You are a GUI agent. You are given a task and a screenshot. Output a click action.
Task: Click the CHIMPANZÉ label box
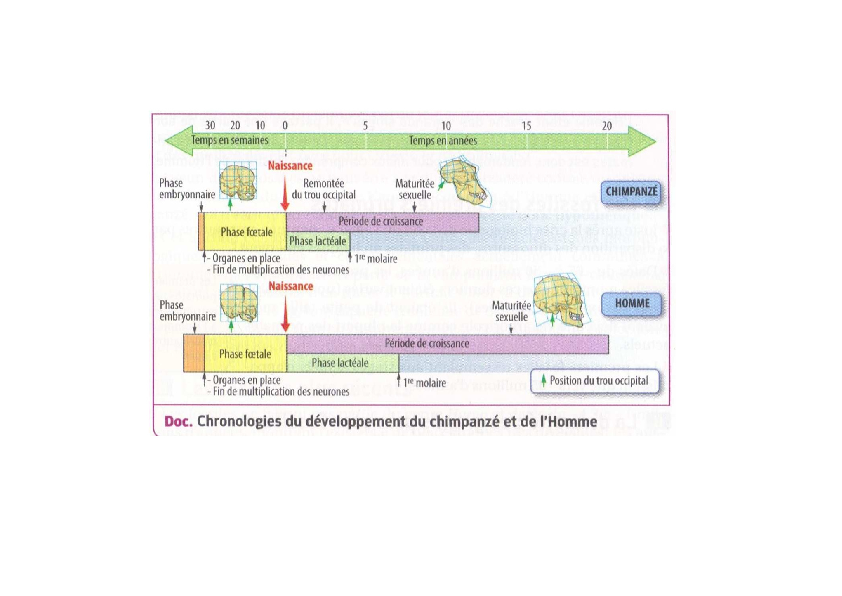(x=631, y=192)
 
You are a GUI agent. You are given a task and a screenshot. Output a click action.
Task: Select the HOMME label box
(x=632, y=304)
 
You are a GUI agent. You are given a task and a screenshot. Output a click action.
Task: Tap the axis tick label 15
(x=526, y=126)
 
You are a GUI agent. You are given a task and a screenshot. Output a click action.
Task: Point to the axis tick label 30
(x=210, y=125)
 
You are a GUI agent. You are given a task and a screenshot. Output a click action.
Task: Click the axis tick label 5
(x=365, y=126)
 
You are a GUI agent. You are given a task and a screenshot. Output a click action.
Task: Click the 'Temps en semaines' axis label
(x=229, y=140)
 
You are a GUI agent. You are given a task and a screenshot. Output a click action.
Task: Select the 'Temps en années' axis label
(x=443, y=141)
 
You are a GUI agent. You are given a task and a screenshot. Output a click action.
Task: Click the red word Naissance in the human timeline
(x=290, y=286)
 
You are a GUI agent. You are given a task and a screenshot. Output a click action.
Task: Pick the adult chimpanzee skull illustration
(x=463, y=182)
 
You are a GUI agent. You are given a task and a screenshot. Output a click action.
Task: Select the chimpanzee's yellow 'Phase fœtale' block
(x=246, y=232)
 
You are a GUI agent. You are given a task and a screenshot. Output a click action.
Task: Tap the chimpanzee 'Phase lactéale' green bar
(x=318, y=241)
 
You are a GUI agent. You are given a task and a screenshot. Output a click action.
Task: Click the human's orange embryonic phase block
(x=194, y=353)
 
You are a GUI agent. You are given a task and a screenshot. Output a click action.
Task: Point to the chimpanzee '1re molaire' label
(x=376, y=259)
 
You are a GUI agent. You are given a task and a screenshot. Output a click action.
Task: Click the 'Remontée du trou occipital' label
(x=324, y=189)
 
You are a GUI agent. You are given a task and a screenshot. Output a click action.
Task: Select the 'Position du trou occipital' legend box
(x=595, y=381)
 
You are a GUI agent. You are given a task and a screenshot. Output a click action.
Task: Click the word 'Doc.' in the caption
(x=178, y=422)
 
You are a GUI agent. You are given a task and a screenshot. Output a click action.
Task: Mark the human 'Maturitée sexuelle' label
(x=511, y=311)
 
